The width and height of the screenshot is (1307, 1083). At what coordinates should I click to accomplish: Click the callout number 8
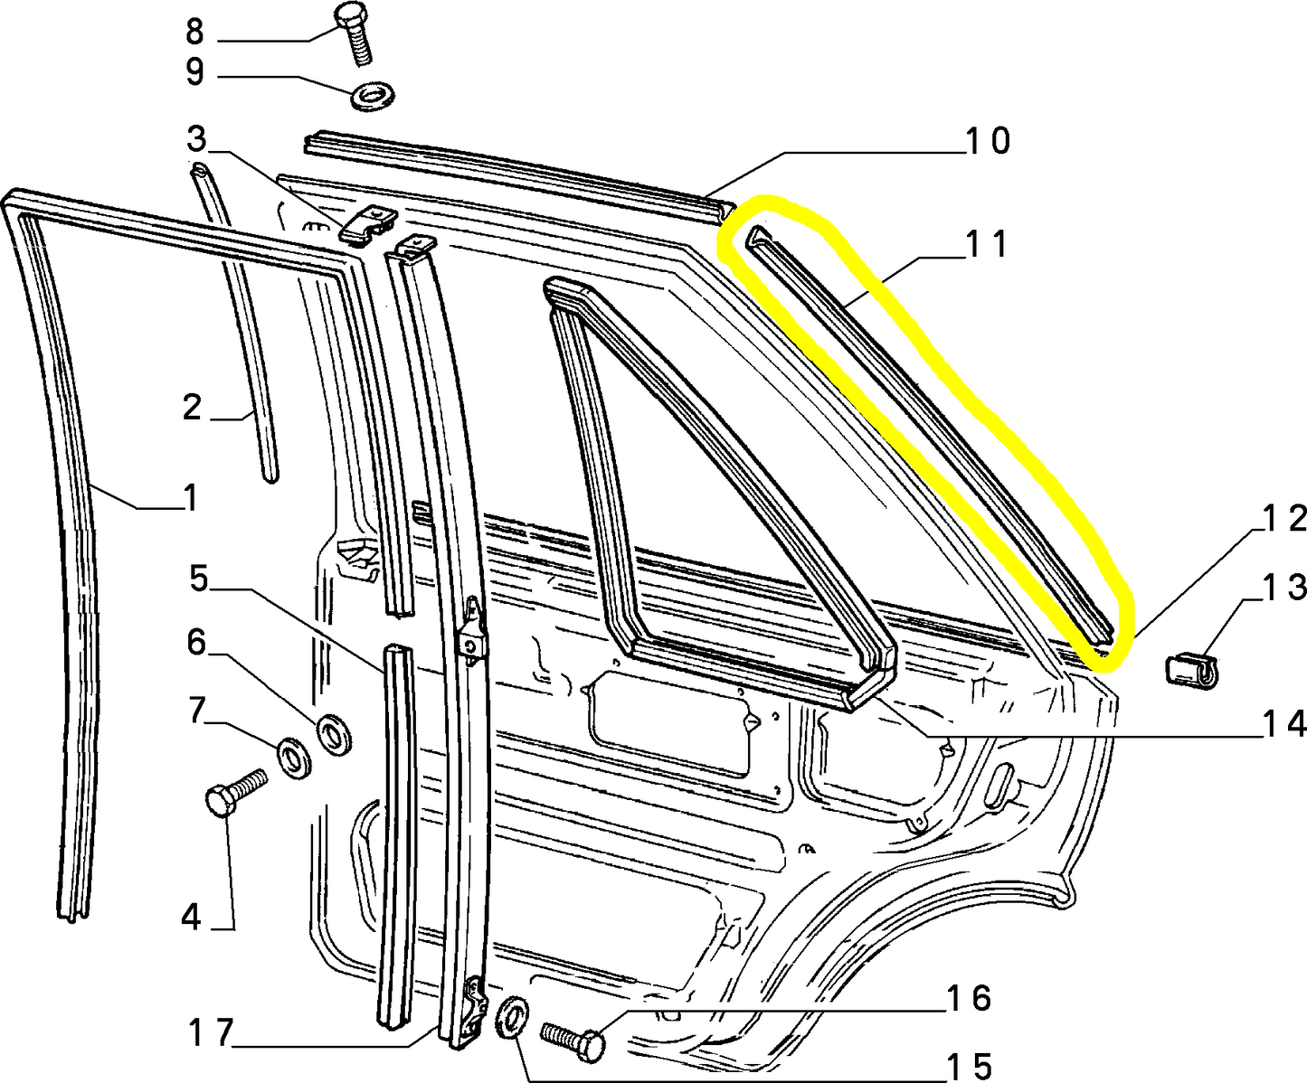(194, 31)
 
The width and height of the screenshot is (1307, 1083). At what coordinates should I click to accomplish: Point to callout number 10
(989, 141)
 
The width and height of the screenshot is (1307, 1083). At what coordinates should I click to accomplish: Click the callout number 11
(986, 244)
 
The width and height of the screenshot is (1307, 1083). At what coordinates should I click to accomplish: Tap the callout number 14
(1284, 724)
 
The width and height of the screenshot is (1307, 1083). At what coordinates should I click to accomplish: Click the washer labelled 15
(512, 1017)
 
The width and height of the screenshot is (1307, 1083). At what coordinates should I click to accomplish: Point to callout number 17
(211, 1033)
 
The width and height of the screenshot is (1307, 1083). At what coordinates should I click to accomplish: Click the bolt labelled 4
(236, 792)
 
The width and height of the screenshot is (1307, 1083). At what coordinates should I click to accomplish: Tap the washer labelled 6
(335, 733)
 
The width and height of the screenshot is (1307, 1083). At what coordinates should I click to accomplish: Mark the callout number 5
(198, 579)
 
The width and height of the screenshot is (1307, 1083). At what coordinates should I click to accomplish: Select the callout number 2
(192, 408)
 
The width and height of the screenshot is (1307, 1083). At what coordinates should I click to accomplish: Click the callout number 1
(190, 499)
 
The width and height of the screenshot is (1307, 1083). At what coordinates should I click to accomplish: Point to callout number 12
(1283, 519)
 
